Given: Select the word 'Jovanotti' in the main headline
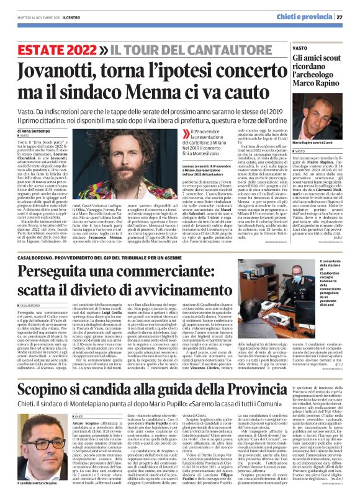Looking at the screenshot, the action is [67, 68].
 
